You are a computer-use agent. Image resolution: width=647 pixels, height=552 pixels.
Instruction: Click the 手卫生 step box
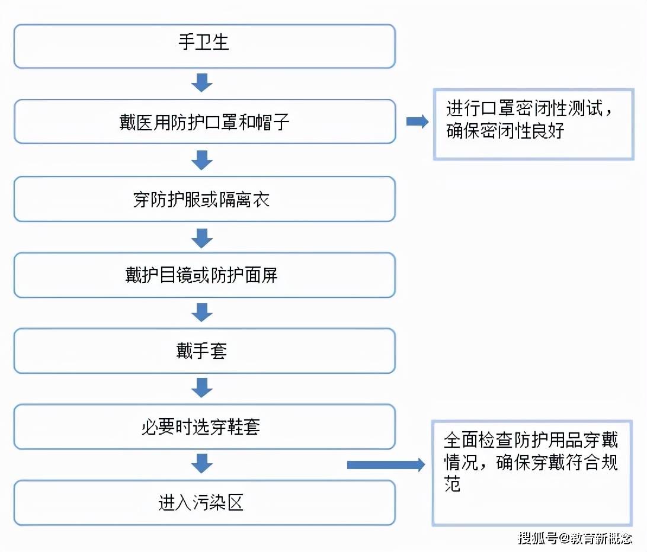[204, 46]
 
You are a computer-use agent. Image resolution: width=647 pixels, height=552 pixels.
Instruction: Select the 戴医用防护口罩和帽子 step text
[204, 122]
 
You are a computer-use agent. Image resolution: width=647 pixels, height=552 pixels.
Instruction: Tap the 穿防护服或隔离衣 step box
[204, 199]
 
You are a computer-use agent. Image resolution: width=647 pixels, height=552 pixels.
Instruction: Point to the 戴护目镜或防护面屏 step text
[201, 275]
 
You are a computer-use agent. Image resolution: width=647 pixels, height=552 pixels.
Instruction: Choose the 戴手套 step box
[204, 351]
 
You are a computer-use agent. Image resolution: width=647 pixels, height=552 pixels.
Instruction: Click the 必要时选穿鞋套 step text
[201, 427]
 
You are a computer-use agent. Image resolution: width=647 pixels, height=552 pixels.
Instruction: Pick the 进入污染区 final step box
[204, 503]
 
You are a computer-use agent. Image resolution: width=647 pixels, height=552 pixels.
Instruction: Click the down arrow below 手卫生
[202, 82]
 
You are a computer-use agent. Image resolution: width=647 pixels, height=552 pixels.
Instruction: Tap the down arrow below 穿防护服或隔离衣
[202, 237]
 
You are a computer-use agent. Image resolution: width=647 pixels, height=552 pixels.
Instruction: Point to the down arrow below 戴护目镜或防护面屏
[202, 312]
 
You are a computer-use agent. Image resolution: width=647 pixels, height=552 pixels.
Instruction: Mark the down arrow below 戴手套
[202, 388]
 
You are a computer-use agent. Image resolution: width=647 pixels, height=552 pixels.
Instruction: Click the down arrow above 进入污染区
[202, 464]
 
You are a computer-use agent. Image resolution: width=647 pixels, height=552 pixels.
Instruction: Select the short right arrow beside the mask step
[417, 121]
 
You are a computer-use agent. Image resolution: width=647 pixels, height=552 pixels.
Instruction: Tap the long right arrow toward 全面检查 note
[386, 465]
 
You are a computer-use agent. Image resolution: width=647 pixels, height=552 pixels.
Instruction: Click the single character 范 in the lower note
[453, 484]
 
